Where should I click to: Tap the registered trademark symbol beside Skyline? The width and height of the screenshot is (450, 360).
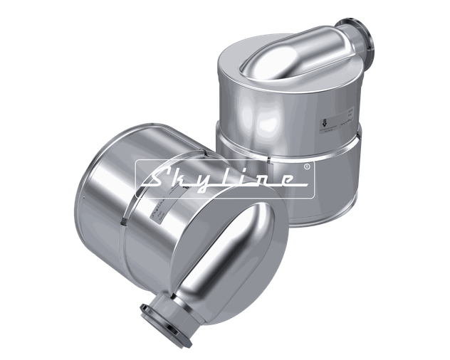click(305, 166)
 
